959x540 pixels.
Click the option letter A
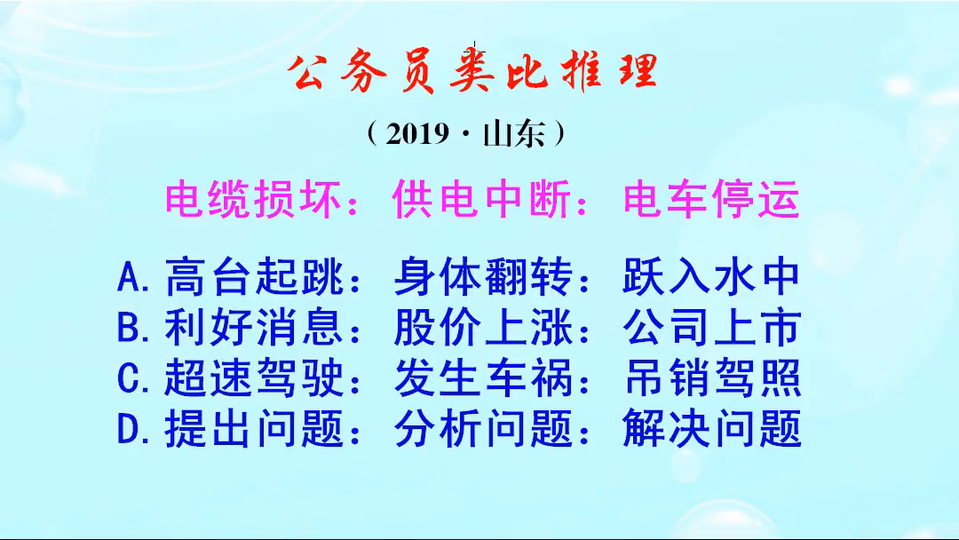pyautogui.click(x=130, y=279)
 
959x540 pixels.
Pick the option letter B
pyautogui.click(x=130, y=329)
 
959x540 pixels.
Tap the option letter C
pyautogui.click(x=130, y=379)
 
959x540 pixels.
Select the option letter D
pyautogui.click(x=130, y=430)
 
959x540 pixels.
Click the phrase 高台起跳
pyautogui.click(x=254, y=278)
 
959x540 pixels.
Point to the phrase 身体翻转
pyautogui.click(x=483, y=278)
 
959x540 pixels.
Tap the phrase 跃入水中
pyautogui.click(x=712, y=278)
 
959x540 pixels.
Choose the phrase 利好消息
pyautogui.click(x=254, y=329)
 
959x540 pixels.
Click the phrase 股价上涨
pyautogui.click(x=483, y=329)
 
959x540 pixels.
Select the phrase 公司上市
pyautogui.click(x=712, y=329)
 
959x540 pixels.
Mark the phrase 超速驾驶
pyautogui.click(x=254, y=379)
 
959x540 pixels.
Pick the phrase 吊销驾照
pyautogui.click(x=712, y=379)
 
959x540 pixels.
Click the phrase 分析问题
pyautogui.click(x=483, y=430)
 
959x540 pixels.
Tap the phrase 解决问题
pyautogui.click(x=712, y=430)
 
